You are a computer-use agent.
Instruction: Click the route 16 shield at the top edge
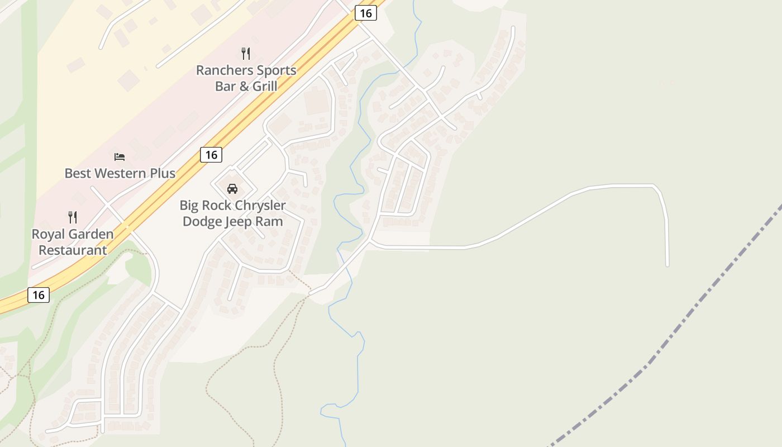pyautogui.click(x=365, y=13)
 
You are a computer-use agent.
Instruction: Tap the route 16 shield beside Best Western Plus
pyautogui.click(x=211, y=155)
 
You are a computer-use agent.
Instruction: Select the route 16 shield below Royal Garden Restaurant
pyautogui.click(x=39, y=294)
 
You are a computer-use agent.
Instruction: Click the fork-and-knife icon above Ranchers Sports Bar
pyautogui.click(x=246, y=54)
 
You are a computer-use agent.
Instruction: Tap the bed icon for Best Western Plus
pyautogui.click(x=120, y=156)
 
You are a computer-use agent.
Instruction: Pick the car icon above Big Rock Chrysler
pyautogui.click(x=232, y=188)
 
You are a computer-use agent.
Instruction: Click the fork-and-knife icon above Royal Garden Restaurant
pyautogui.click(x=73, y=217)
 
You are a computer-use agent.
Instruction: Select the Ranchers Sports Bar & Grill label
pyautogui.click(x=246, y=78)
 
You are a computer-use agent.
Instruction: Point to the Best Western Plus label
pyautogui.click(x=120, y=173)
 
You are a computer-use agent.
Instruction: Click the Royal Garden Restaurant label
pyautogui.click(x=73, y=242)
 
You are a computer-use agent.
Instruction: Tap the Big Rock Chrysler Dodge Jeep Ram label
pyautogui.click(x=232, y=213)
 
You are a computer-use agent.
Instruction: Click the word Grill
pyautogui.click(x=265, y=86)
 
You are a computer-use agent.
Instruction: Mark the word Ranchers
pyautogui.click(x=222, y=70)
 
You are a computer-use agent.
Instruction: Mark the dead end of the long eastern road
pyautogui.click(x=667, y=265)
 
